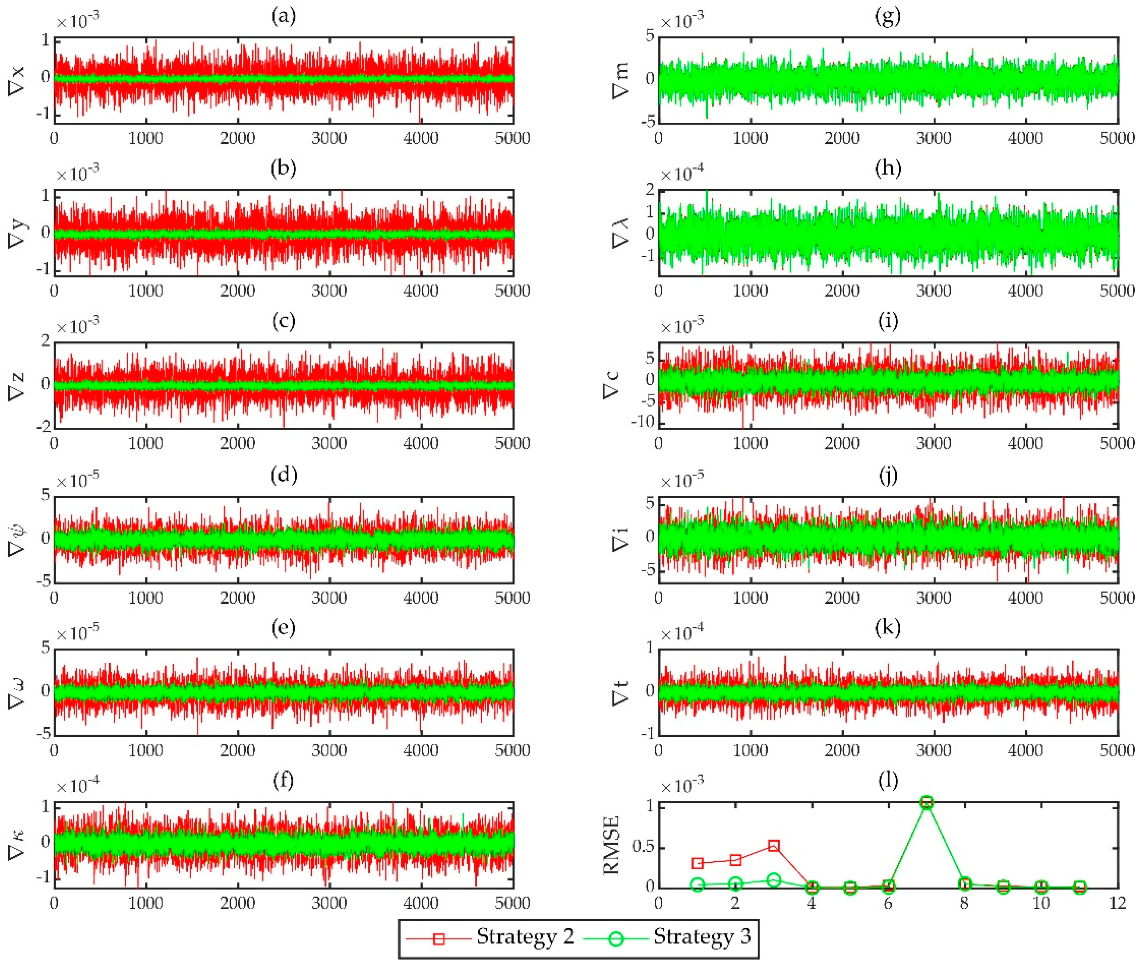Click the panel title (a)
click(x=283, y=16)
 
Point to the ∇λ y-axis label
click(x=620, y=233)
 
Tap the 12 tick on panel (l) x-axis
click(x=1117, y=903)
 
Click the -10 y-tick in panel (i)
click(x=643, y=421)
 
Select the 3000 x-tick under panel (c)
click(x=329, y=443)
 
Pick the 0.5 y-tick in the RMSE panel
click(x=642, y=848)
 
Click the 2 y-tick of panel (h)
click(x=650, y=190)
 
